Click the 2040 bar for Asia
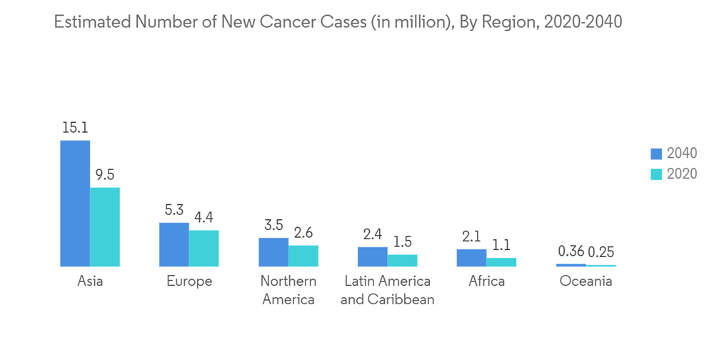point(75,204)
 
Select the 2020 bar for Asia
point(105,227)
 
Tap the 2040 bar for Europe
point(174,244)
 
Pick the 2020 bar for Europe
point(203,249)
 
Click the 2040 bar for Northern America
point(273,252)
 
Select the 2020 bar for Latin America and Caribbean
point(403,260)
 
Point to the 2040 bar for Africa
point(471,258)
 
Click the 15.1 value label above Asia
point(75,129)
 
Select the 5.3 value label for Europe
point(174,211)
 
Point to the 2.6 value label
point(303,234)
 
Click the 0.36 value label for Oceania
point(570,251)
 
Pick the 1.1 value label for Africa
point(502,246)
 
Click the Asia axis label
point(90,281)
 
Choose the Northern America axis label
point(288,290)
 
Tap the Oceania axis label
point(585,281)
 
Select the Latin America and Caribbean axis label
point(387,290)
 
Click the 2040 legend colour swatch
point(656,154)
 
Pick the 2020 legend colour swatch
point(656,174)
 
